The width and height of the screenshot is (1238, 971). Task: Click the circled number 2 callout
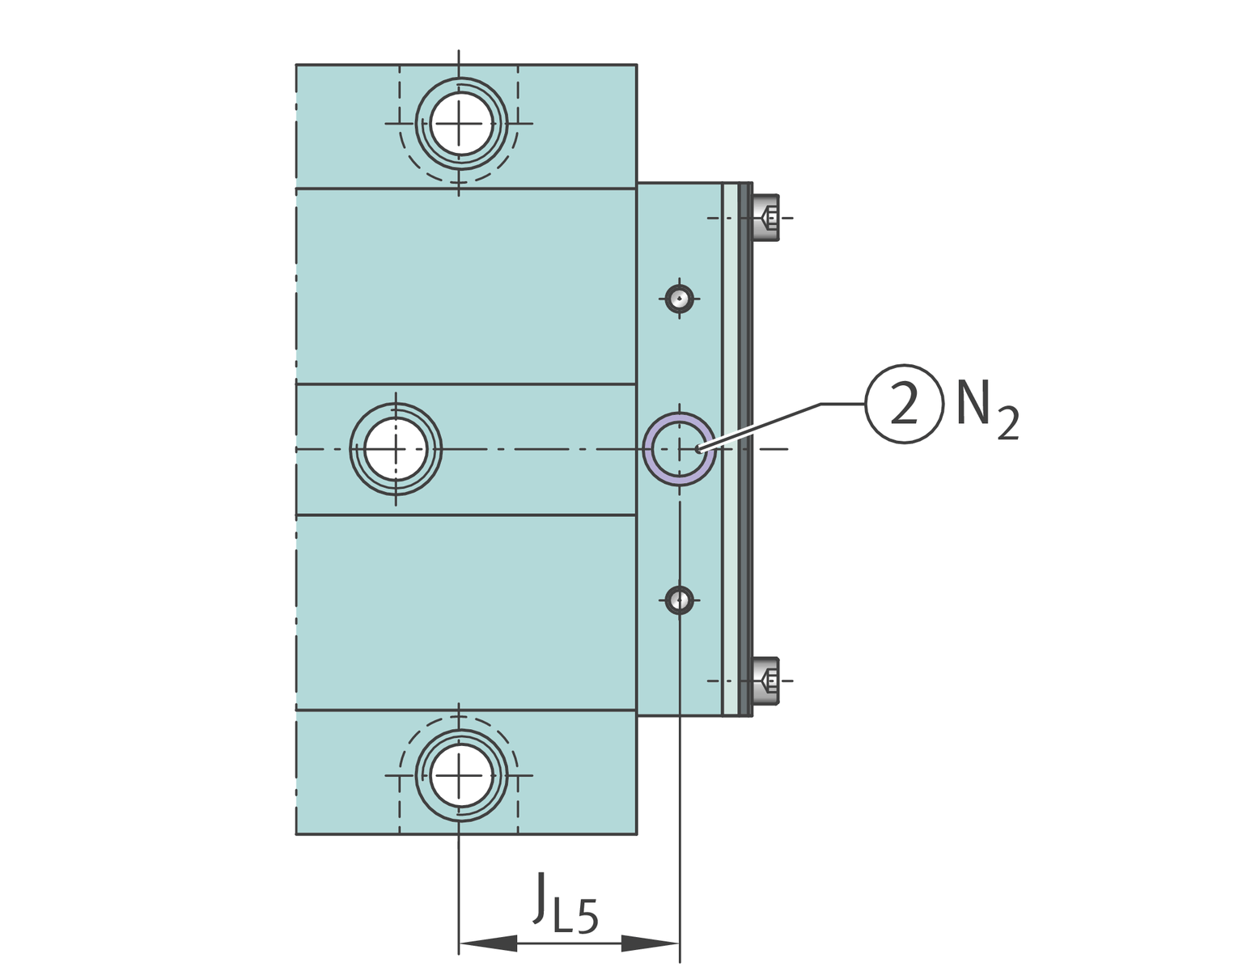(x=905, y=404)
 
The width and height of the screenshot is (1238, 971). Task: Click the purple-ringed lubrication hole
(x=679, y=448)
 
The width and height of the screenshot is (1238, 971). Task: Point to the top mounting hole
(x=460, y=125)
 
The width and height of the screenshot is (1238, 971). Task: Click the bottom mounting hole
(x=460, y=775)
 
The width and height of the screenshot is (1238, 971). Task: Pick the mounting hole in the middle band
(x=396, y=449)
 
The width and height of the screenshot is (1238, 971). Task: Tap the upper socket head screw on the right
(x=766, y=218)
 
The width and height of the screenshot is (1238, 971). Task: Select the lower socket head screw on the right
(x=766, y=681)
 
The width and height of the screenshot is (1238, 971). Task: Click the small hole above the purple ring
(x=680, y=298)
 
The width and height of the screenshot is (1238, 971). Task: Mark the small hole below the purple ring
(x=680, y=600)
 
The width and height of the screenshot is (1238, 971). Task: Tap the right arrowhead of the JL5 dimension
(x=651, y=943)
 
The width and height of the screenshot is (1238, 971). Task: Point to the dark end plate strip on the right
(x=745, y=449)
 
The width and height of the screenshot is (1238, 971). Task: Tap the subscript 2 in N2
(x=1007, y=424)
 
